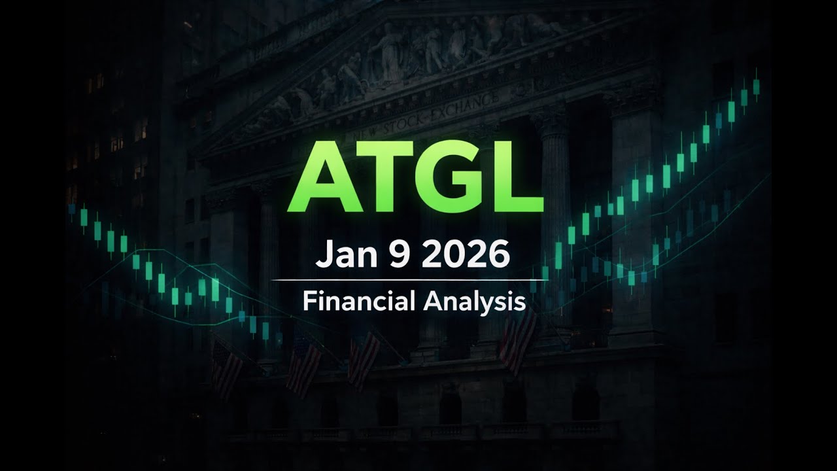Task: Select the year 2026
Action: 465,254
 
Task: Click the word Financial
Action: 359,301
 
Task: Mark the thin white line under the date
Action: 409,280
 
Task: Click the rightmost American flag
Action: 518,340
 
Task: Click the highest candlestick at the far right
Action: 756,86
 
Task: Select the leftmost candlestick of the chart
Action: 72,209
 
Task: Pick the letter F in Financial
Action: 308,301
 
